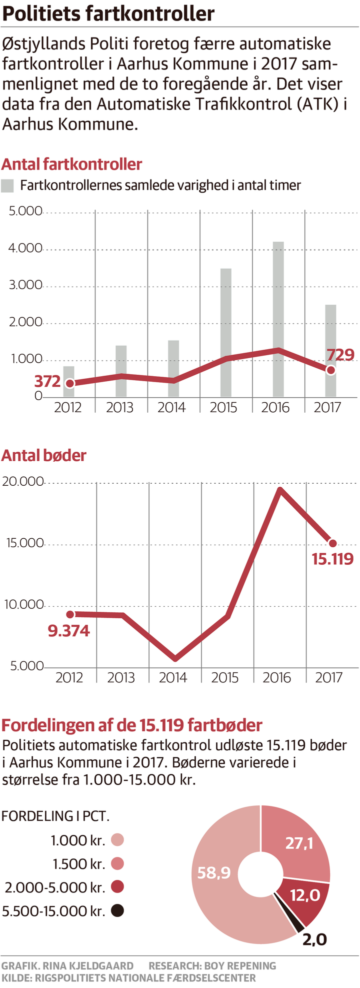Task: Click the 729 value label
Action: (x=340, y=355)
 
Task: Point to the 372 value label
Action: (x=47, y=382)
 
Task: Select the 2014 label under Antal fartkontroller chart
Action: (x=171, y=408)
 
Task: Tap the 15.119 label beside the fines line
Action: (x=332, y=559)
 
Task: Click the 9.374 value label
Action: (x=68, y=631)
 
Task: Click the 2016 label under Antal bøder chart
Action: (x=276, y=678)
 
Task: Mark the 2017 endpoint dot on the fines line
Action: (x=332, y=543)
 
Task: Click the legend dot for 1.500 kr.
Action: (x=117, y=863)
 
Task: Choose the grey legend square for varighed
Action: (x=7, y=186)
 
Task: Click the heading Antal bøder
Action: (x=44, y=456)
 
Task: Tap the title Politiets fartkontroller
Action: (x=108, y=14)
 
